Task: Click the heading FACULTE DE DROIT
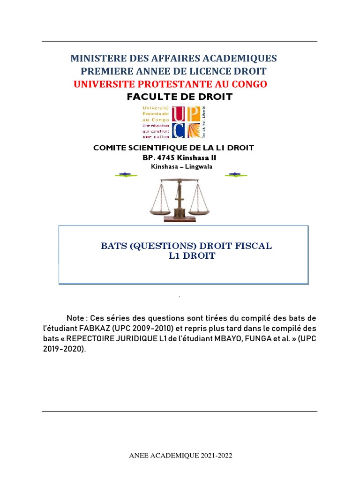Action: pos(180,97)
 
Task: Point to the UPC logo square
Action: pos(186,122)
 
